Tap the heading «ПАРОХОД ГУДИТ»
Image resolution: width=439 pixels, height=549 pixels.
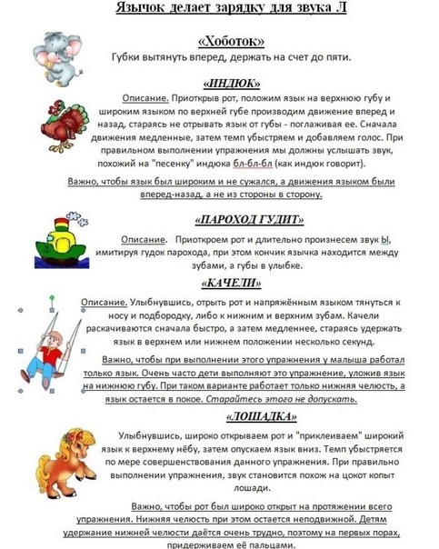point(248,220)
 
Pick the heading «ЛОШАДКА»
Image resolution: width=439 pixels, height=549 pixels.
point(250,416)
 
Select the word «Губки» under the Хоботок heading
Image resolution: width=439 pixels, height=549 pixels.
point(128,57)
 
